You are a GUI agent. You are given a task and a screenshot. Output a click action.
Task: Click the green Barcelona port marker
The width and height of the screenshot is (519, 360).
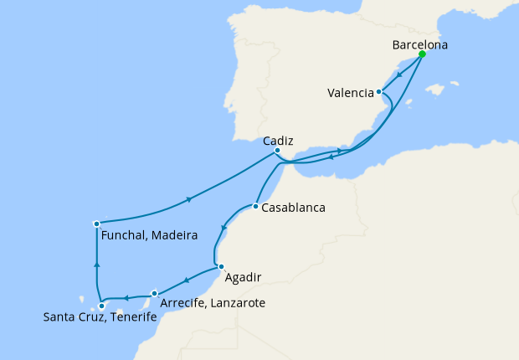[x=422, y=54]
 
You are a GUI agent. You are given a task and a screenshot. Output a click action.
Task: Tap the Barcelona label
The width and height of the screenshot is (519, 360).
[x=419, y=44]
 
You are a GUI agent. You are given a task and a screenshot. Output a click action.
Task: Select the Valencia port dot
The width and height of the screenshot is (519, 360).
[x=379, y=92]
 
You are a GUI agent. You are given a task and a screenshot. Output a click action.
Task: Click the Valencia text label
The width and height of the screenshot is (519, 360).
[x=351, y=94]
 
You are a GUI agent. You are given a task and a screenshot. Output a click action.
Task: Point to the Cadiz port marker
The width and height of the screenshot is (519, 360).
[x=277, y=151]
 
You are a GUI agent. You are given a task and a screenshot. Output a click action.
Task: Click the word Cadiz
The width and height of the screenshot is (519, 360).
[x=277, y=141]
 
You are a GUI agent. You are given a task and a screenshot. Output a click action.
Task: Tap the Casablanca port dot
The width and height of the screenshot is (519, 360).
[x=254, y=206]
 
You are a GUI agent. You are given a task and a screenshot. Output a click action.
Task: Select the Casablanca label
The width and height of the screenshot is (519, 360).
[x=293, y=208]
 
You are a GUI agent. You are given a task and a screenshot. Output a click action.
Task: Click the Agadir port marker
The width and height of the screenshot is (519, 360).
[x=221, y=267]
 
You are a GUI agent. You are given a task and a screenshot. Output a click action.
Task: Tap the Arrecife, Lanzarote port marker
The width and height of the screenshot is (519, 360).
[x=155, y=293]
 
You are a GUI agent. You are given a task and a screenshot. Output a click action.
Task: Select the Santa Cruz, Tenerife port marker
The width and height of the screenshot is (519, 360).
[x=101, y=306]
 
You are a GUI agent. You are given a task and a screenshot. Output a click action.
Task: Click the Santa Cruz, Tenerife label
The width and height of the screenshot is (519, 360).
[x=100, y=317]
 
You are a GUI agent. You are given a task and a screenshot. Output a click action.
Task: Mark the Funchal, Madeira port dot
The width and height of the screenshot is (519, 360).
[x=97, y=224]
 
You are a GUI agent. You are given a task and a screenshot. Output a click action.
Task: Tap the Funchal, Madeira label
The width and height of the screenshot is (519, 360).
[x=149, y=236]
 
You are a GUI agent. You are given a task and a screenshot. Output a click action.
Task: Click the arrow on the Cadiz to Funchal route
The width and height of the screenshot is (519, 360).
[x=190, y=199]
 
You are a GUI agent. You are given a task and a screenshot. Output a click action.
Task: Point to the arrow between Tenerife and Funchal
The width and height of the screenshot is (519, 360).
[x=98, y=264]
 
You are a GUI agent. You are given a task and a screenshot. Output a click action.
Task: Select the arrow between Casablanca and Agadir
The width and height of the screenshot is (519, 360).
[x=224, y=226]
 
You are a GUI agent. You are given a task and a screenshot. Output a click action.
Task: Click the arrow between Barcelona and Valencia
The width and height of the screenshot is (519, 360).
[x=400, y=74]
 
